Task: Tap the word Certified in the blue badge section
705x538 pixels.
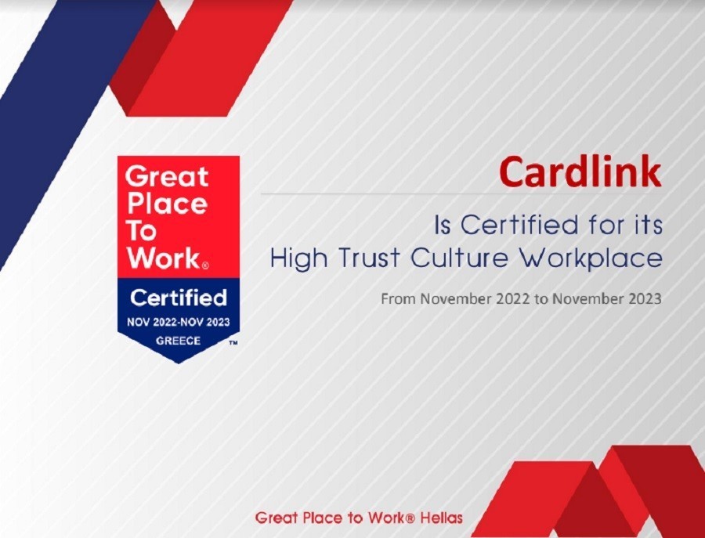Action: click(179, 298)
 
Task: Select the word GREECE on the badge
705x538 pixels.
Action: click(178, 341)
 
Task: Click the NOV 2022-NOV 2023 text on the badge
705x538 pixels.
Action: click(179, 323)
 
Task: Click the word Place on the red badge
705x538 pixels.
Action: click(166, 204)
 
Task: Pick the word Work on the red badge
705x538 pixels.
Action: click(161, 258)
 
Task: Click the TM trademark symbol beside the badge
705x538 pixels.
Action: click(233, 343)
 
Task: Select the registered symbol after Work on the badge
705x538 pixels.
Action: click(205, 265)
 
